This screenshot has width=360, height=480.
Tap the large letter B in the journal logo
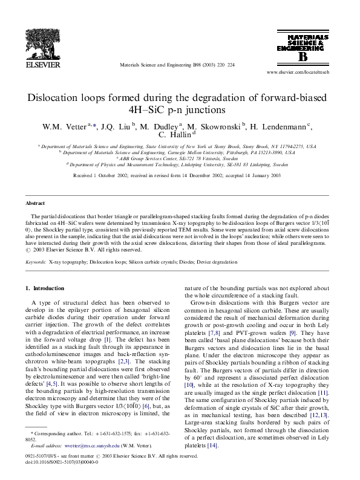pyautogui.click(x=302, y=57)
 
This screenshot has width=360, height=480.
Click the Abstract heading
pyautogui.click(x=36, y=204)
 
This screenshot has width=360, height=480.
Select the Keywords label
pyautogui.click(x=36, y=262)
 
